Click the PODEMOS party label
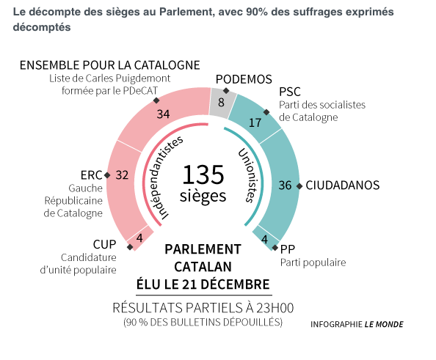[x=244, y=80]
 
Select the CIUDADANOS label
[x=343, y=185]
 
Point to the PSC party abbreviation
[x=291, y=92]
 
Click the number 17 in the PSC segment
[x=255, y=122]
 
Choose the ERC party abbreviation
[x=91, y=175]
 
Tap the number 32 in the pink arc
[x=122, y=175]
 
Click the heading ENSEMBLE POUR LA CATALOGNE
[x=109, y=65]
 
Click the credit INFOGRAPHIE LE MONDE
[x=357, y=324]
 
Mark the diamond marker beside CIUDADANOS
[x=299, y=186]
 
